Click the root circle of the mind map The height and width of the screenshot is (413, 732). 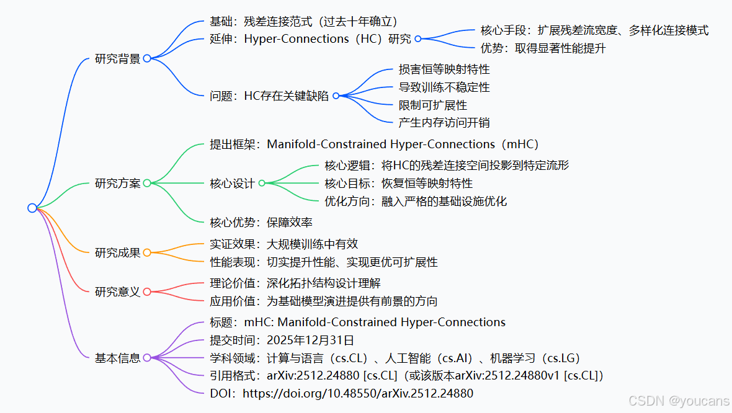tap(32, 208)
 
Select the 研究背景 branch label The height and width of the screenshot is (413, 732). tap(117, 59)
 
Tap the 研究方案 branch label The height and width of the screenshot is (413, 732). tap(117, 184)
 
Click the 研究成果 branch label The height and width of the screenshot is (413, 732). tap(117, 253)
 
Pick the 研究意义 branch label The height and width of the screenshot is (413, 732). tap(117, 291)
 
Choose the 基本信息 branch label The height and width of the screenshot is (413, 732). tap(117, 358)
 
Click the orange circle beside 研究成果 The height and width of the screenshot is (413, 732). tap(147, 252)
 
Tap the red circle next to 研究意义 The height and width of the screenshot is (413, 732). tap(147, 291)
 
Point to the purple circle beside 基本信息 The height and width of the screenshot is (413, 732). tap(147, 358)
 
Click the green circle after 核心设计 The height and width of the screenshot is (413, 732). tap(262, 183)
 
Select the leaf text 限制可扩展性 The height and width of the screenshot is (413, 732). tap(433, 105)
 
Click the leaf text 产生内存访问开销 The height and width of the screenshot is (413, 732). tap(444, 123)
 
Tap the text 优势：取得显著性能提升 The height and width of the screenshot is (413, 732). tap(543, 48)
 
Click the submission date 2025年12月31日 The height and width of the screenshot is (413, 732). tap(310, 340)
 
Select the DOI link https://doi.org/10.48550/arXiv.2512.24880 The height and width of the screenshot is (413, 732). tap(358, 393)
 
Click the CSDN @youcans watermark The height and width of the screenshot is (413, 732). tap(679, 401)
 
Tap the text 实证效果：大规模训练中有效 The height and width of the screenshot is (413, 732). tap(284, 244)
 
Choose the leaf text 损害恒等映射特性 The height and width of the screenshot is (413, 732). tap(444, 69)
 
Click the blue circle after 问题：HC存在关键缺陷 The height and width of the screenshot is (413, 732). tap(336, 96)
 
